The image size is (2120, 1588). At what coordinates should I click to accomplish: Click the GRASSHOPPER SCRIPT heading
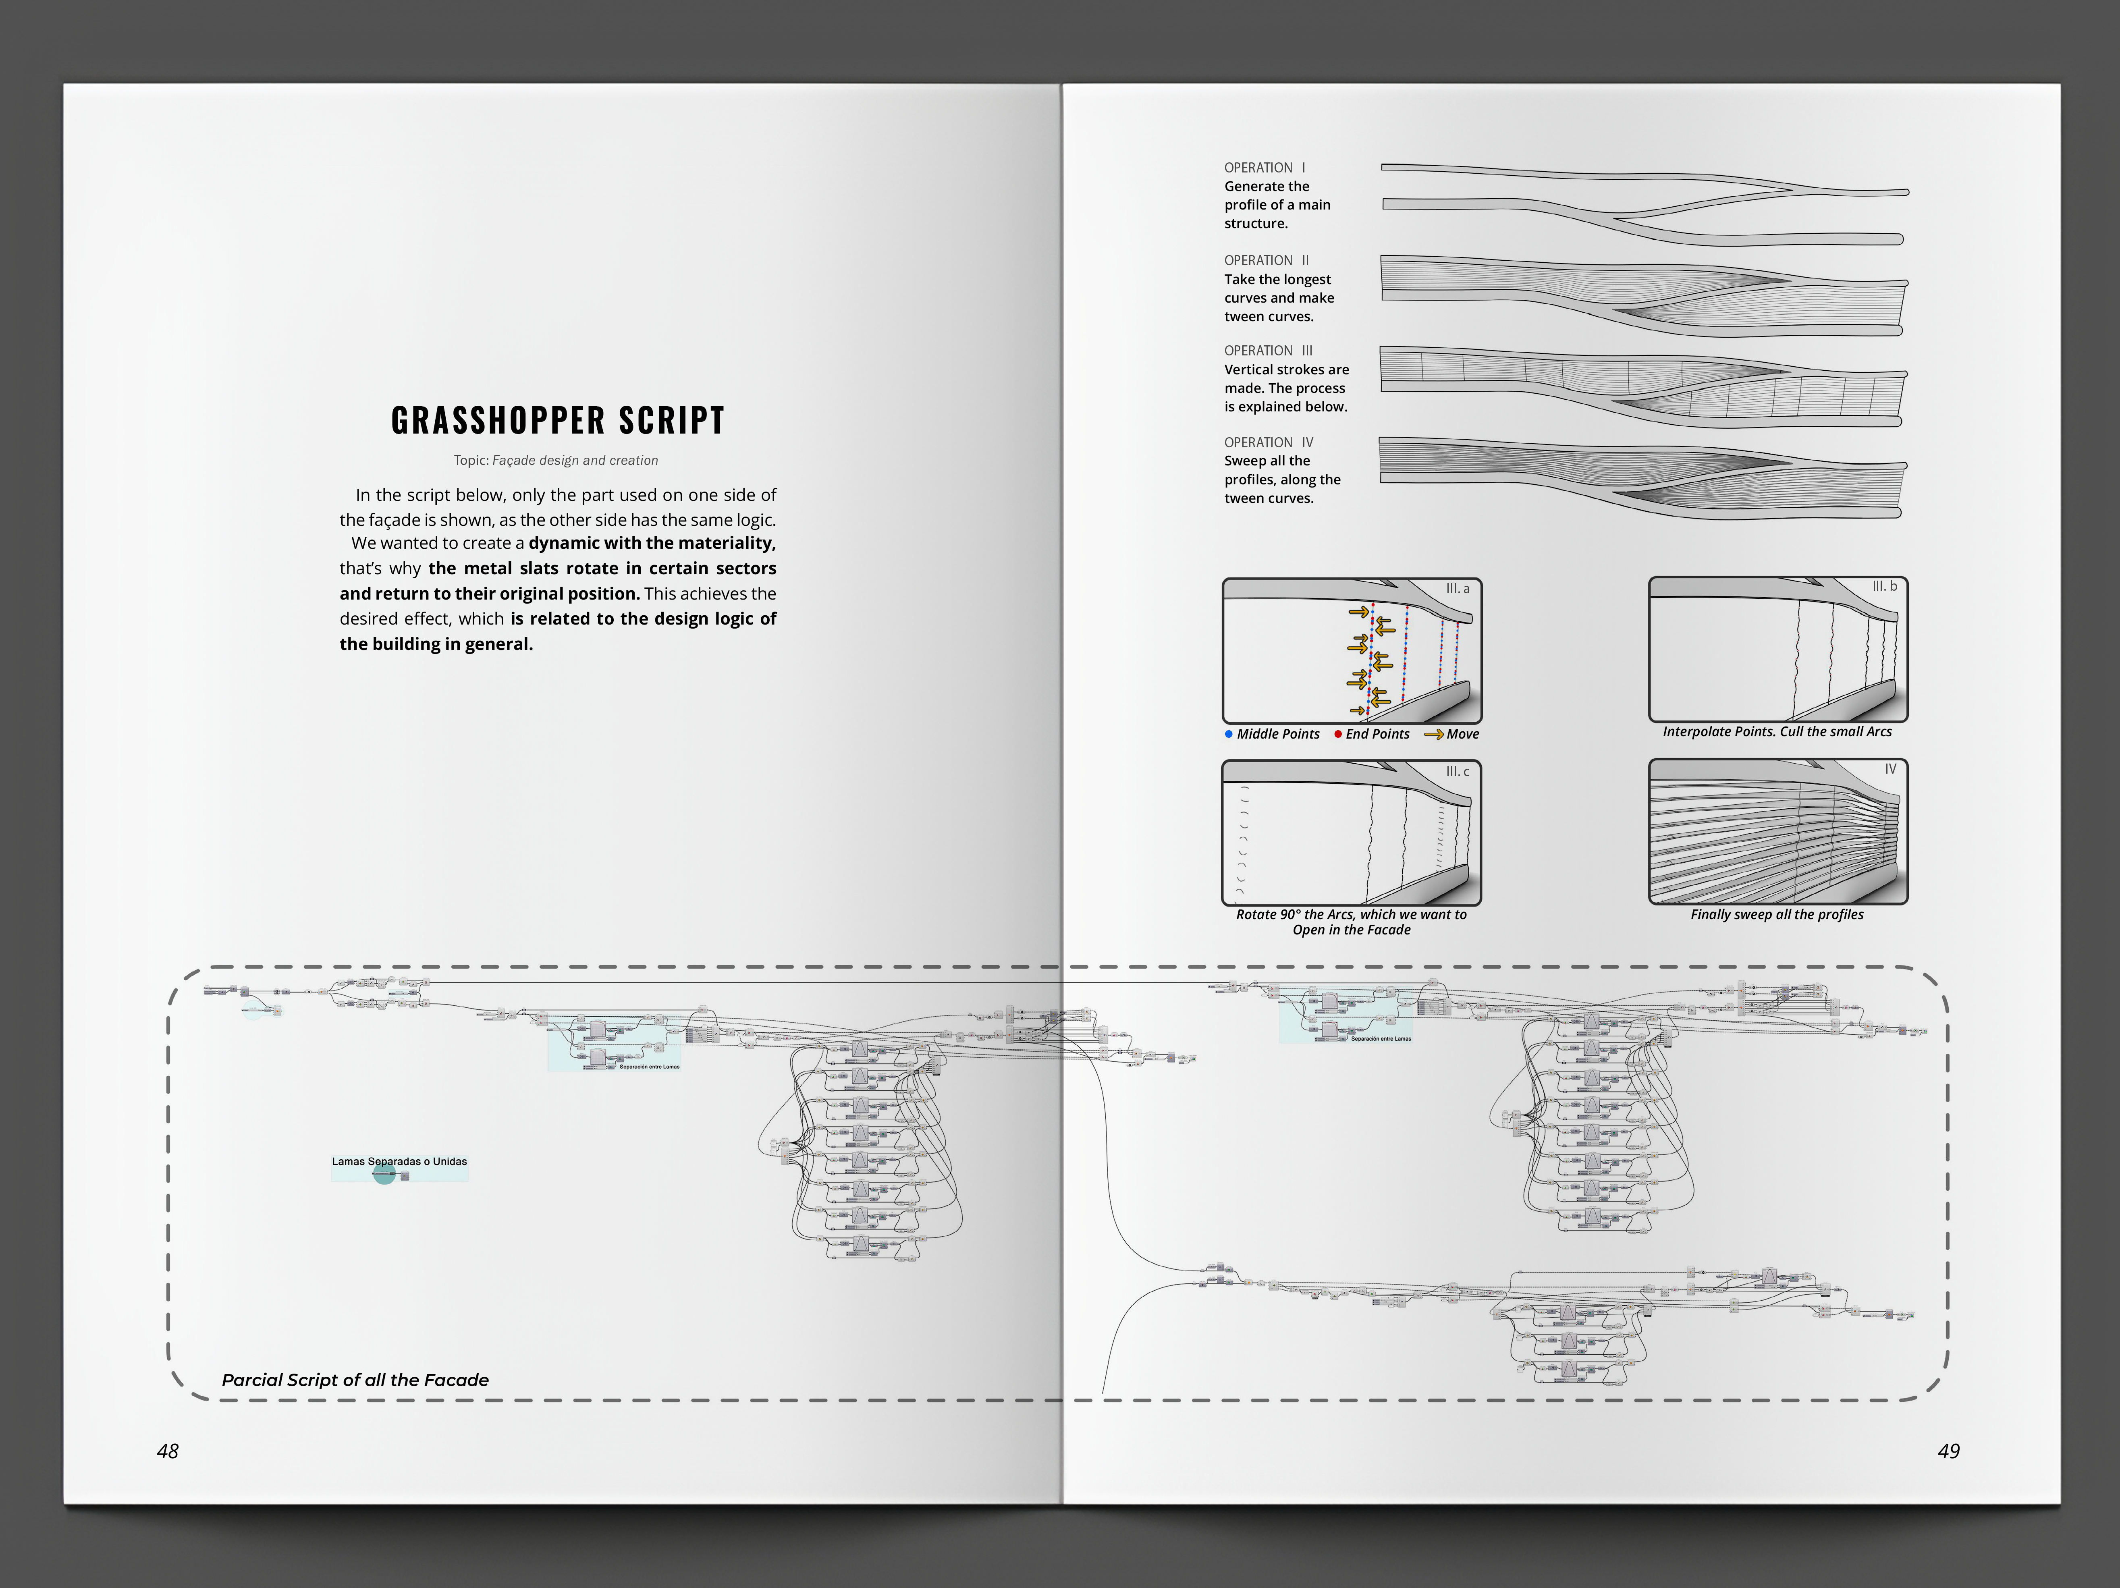558,420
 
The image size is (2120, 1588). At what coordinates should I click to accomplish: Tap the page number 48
168,1451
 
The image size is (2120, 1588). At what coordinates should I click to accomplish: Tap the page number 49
1948,1451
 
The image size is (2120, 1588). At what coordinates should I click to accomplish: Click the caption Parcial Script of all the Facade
355,1380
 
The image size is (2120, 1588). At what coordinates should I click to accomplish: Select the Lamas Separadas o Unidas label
400,1162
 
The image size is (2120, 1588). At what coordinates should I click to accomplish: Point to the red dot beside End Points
1338,734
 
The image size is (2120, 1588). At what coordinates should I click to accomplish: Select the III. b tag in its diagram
1884,587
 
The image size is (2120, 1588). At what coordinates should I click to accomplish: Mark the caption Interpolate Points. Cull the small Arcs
1777,731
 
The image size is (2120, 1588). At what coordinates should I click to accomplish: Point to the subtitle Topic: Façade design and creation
556,460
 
